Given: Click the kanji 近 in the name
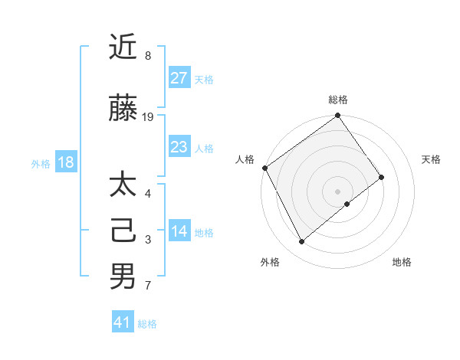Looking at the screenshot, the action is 123,47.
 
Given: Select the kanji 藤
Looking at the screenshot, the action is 123,109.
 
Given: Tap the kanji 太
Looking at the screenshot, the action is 123,186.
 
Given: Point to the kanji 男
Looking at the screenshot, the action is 123,276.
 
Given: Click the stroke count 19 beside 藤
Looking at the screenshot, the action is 148,117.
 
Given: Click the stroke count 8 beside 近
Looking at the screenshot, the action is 148,56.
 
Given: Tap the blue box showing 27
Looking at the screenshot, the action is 179,77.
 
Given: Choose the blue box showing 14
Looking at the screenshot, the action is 179,231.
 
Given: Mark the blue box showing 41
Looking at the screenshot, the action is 123,322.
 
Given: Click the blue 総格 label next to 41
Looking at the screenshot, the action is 147,324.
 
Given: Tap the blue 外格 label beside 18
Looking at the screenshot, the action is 40,164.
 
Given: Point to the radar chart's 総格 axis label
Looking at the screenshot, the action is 338,100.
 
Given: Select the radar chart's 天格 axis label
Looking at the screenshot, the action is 431,159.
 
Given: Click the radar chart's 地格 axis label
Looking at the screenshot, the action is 402,262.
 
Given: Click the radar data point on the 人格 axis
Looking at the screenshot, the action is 264,168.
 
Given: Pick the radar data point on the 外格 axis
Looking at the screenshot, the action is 301,242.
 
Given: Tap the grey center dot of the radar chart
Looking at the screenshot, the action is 337,191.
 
